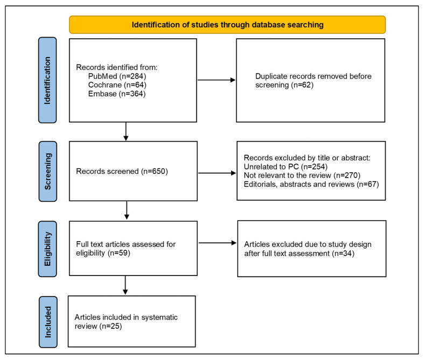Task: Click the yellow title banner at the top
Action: click(227, 25)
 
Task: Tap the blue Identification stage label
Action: click(47, 80)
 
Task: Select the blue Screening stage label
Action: click(48, 171)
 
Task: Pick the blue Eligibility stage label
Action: click(47, 249)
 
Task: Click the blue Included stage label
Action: click(48, 322)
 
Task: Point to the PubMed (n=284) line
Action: click(117, 76)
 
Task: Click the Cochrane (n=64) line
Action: click(117, 85)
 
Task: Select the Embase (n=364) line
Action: click(117, 94)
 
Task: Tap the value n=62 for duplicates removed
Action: click(302, 85)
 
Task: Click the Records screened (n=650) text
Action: click(122, 171)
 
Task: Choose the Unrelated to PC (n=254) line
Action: click(285, 166)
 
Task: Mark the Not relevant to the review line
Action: click(302, 175)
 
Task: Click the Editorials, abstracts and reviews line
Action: click(311, 185)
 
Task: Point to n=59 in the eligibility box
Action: click(119, 253)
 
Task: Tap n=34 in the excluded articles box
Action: click(343, 253)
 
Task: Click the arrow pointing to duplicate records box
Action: click(217, 80)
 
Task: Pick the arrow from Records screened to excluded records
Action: click(218, 173)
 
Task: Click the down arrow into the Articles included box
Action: click(125, 285)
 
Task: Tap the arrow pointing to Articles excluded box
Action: click(218, 243)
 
